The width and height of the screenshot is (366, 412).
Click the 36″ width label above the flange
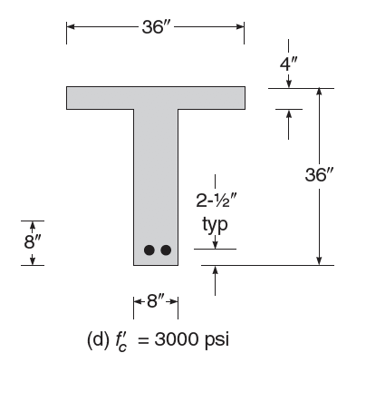(x=156, y=26)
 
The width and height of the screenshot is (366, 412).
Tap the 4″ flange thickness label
(x=288, y=65)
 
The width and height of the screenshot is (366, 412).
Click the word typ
(x=215, y=223)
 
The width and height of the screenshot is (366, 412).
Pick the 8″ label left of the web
(x=32, y=242)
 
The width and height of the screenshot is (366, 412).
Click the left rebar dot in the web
(x=149, y=250)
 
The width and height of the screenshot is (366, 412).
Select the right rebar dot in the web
(x=165, y=250)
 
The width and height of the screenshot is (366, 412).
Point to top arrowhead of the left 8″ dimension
(x=32, y=224)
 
